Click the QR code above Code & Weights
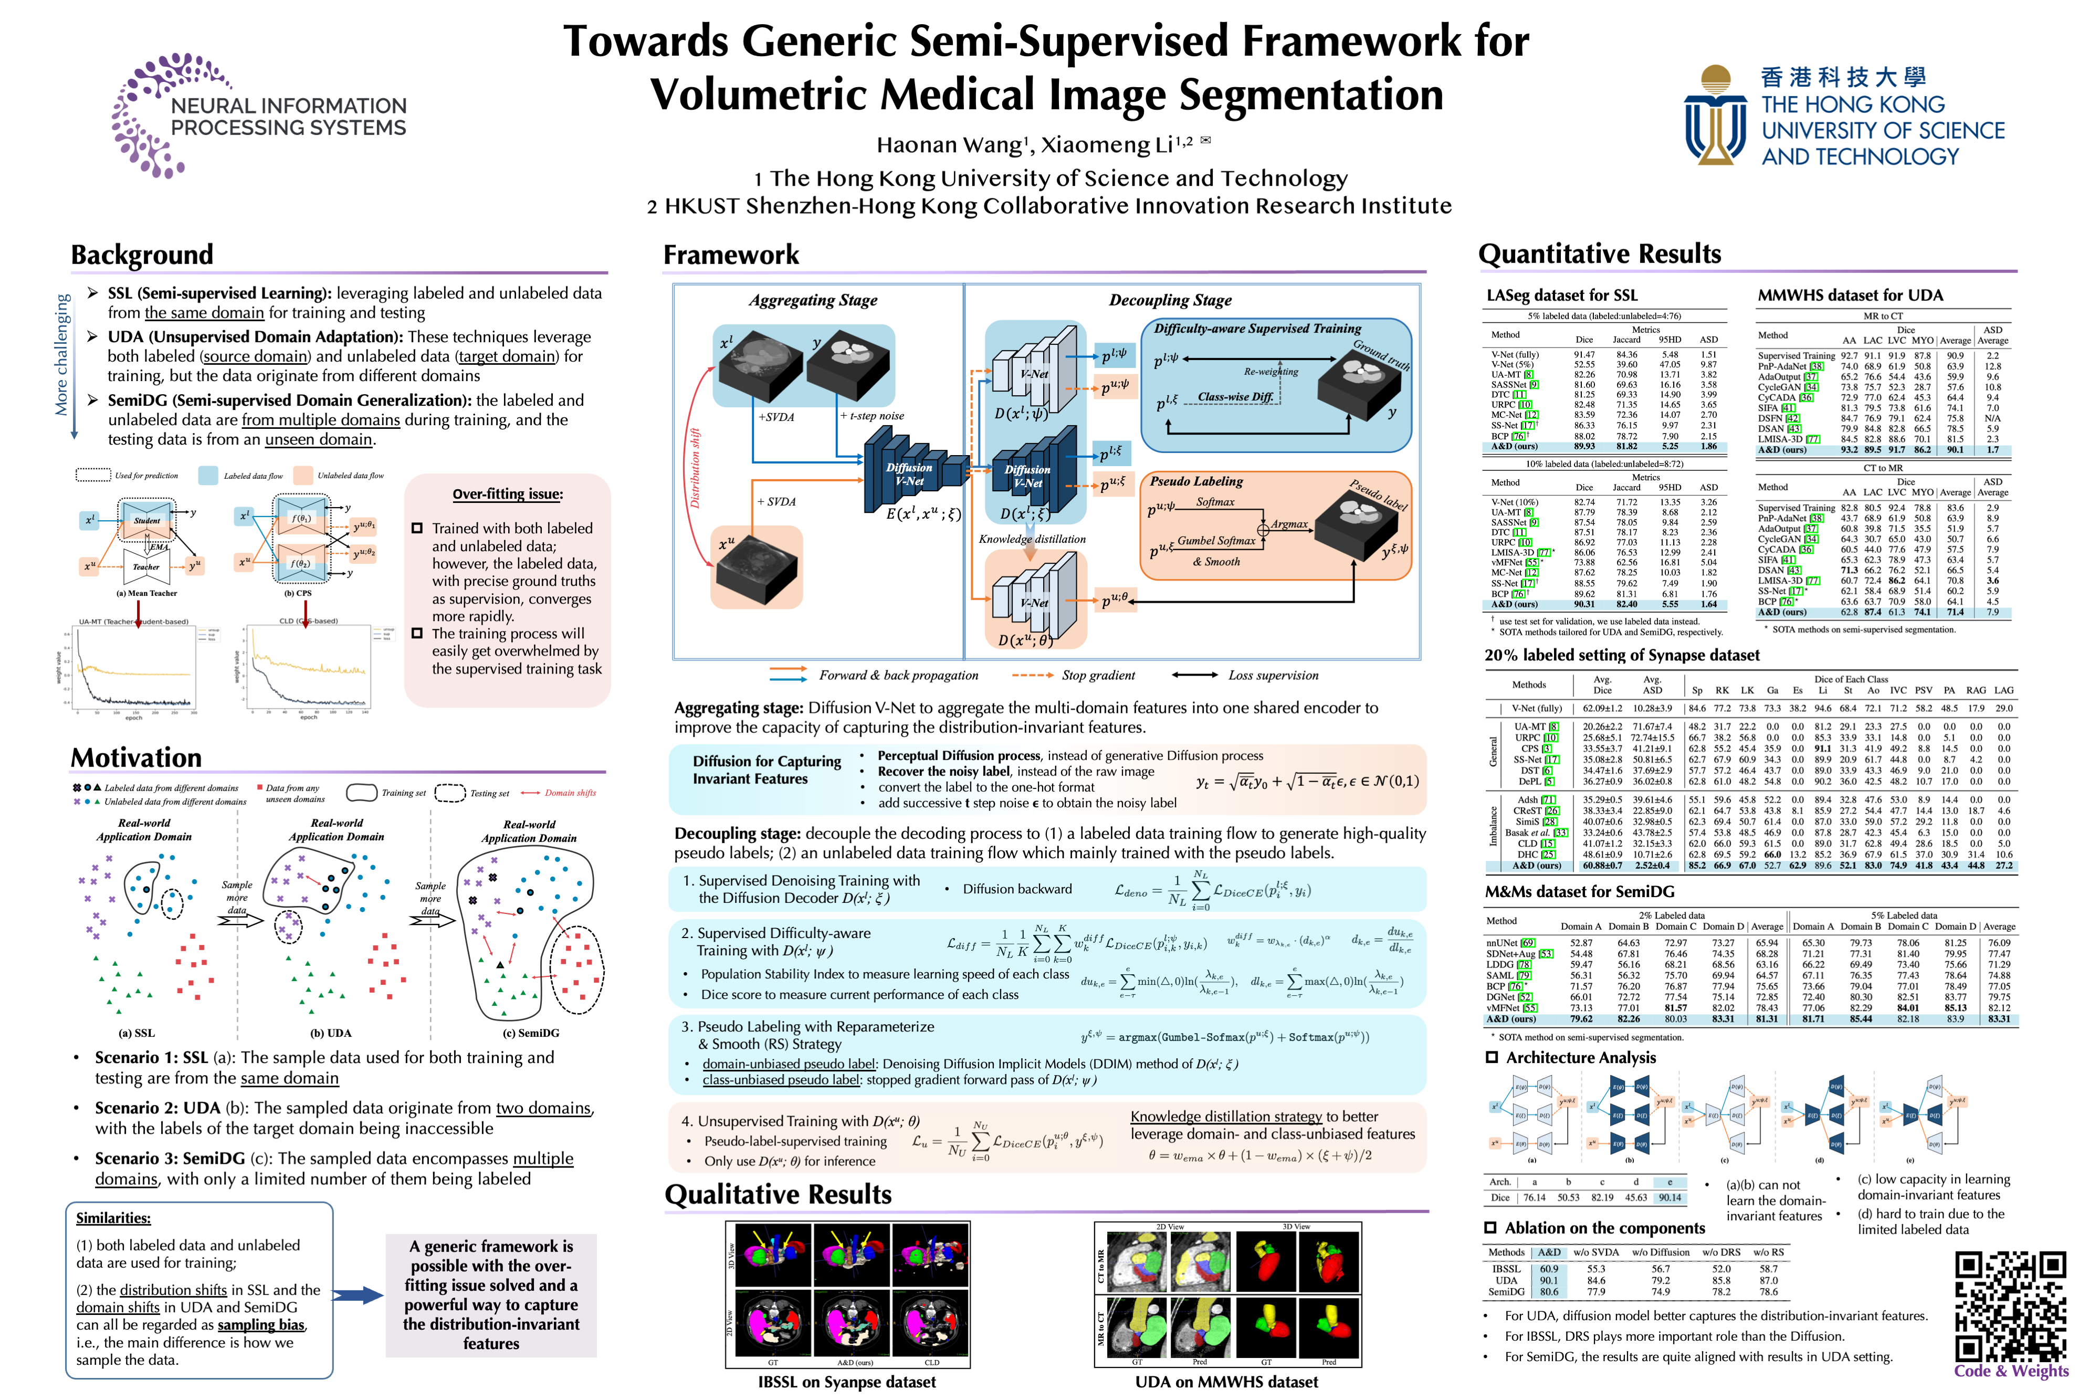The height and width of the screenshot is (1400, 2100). click(2010, 1306)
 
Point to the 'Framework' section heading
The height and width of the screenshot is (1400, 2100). click(730, 255)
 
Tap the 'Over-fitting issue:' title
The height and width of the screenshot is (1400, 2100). click(507, 494)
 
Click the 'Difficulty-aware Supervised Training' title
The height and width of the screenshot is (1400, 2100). click(1257, 329)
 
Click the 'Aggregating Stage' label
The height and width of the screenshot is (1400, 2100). click(813, 300)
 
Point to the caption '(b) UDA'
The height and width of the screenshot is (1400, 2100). click(330, 1033)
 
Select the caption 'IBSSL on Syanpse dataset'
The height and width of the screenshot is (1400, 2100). click(846, 1381)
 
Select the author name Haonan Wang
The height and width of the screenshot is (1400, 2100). click(949, 145)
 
